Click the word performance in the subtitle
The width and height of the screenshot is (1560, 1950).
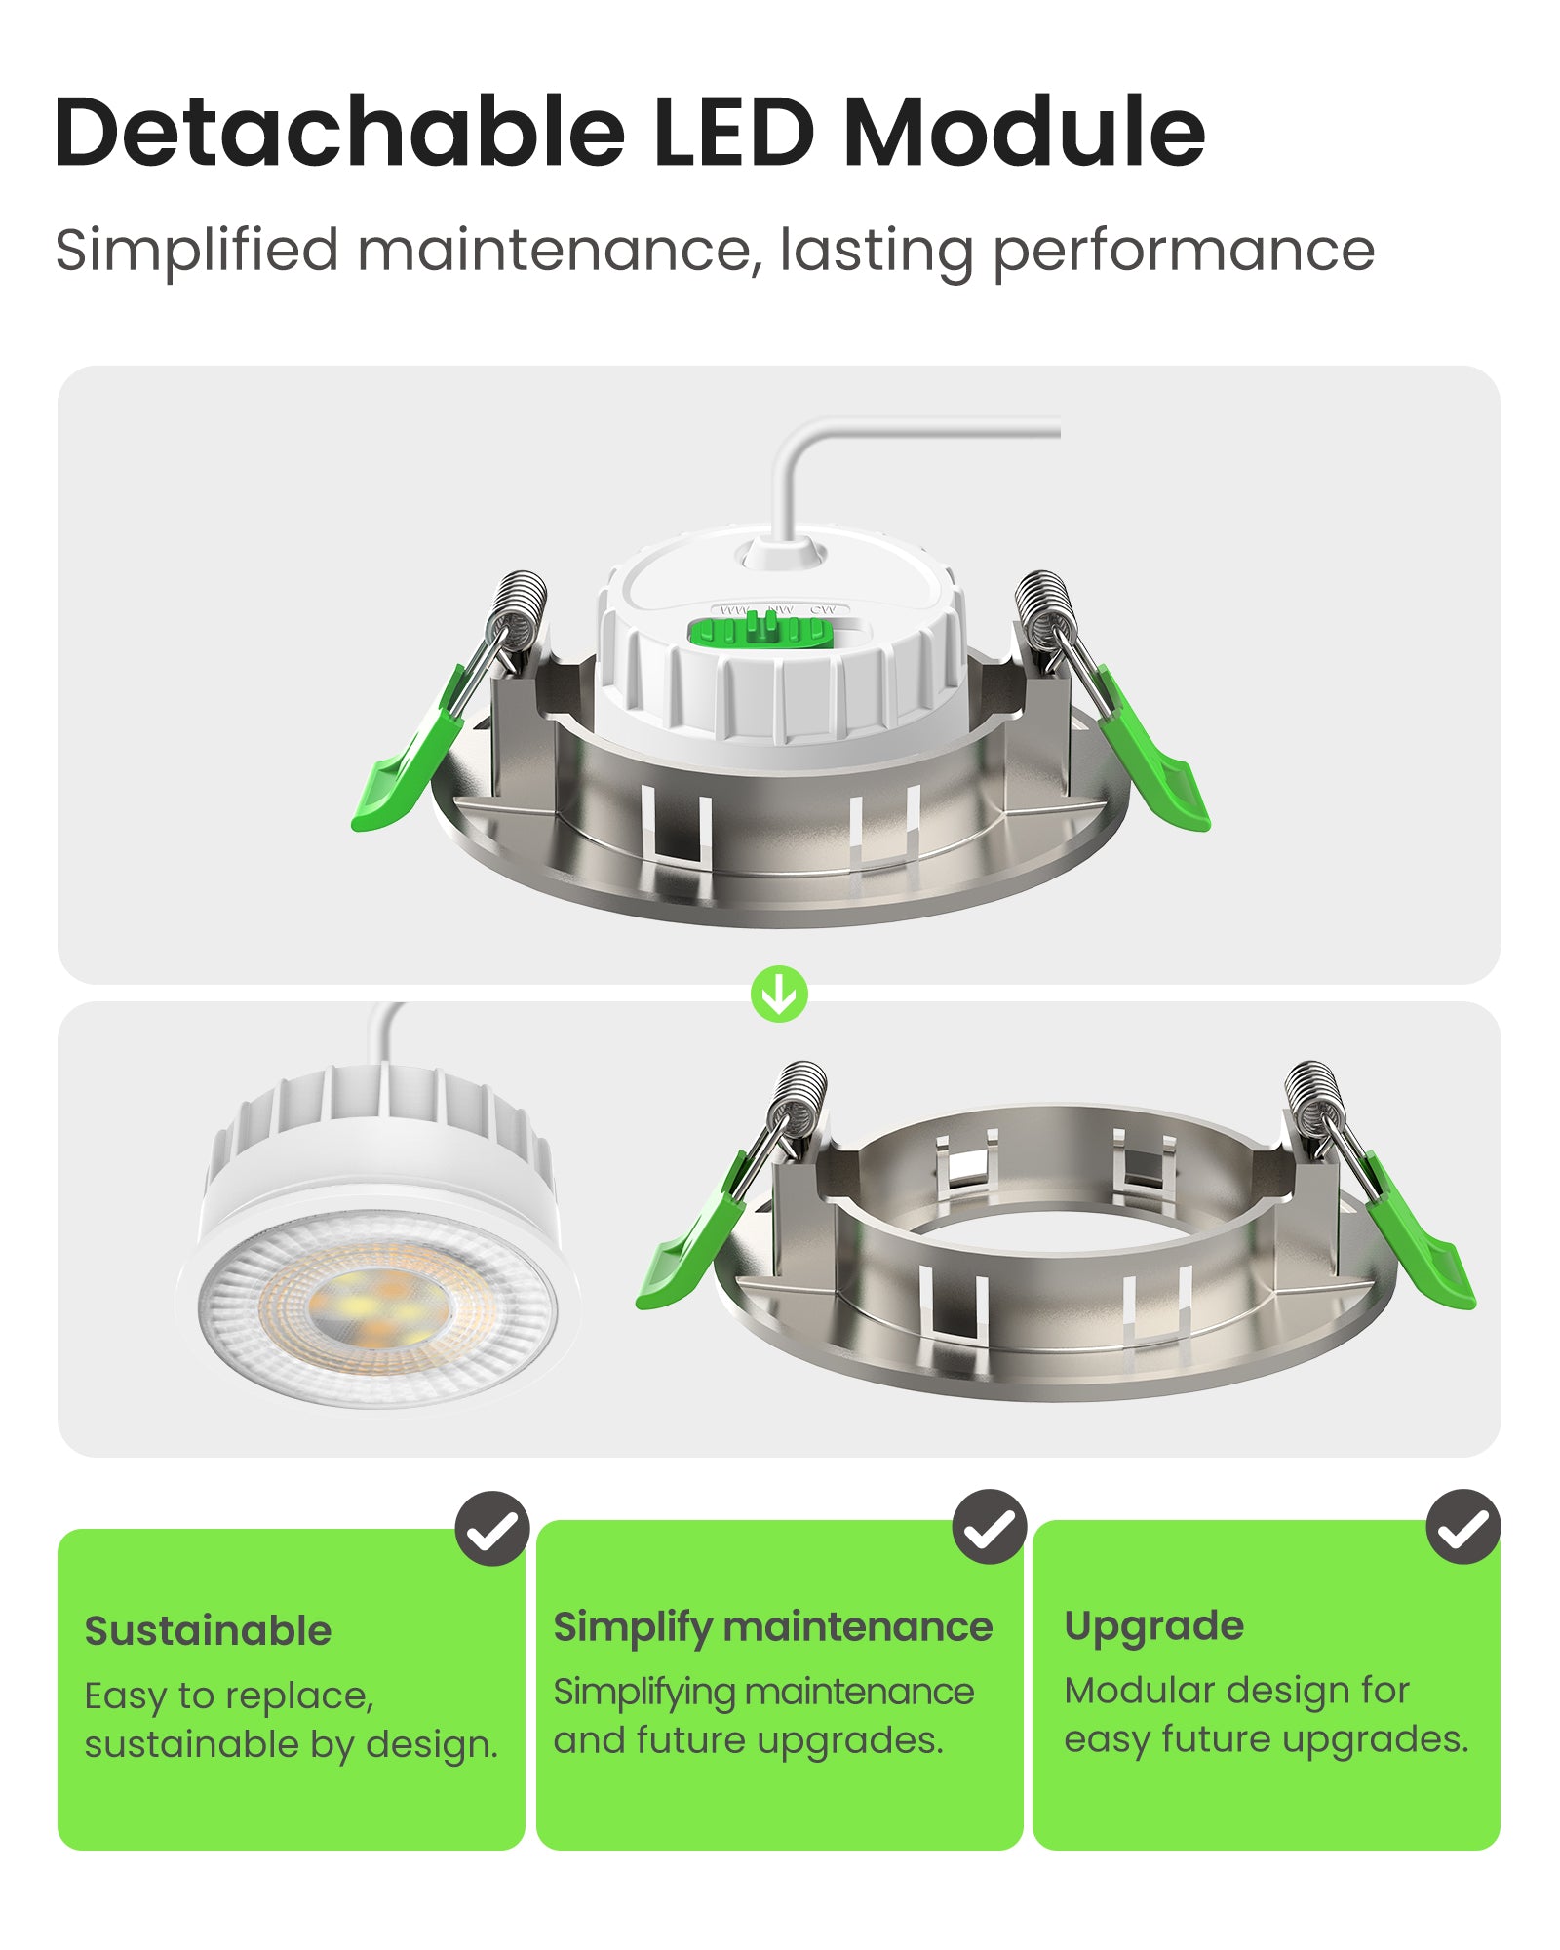coord(1183,252)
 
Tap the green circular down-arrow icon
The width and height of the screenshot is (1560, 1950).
coord(779,994)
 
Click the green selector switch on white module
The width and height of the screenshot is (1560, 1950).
coord(760,632)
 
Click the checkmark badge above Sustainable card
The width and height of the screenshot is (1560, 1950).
coord(491,1529)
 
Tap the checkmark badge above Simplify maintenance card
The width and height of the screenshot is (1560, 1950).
coord(989,1527)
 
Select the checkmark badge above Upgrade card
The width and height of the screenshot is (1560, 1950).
coord(1462,1527)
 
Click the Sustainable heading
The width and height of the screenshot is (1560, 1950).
coord(208,1631)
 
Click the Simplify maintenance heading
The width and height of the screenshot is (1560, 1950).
coord(772,1627)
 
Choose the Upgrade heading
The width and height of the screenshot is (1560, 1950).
coord(1153,1626)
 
